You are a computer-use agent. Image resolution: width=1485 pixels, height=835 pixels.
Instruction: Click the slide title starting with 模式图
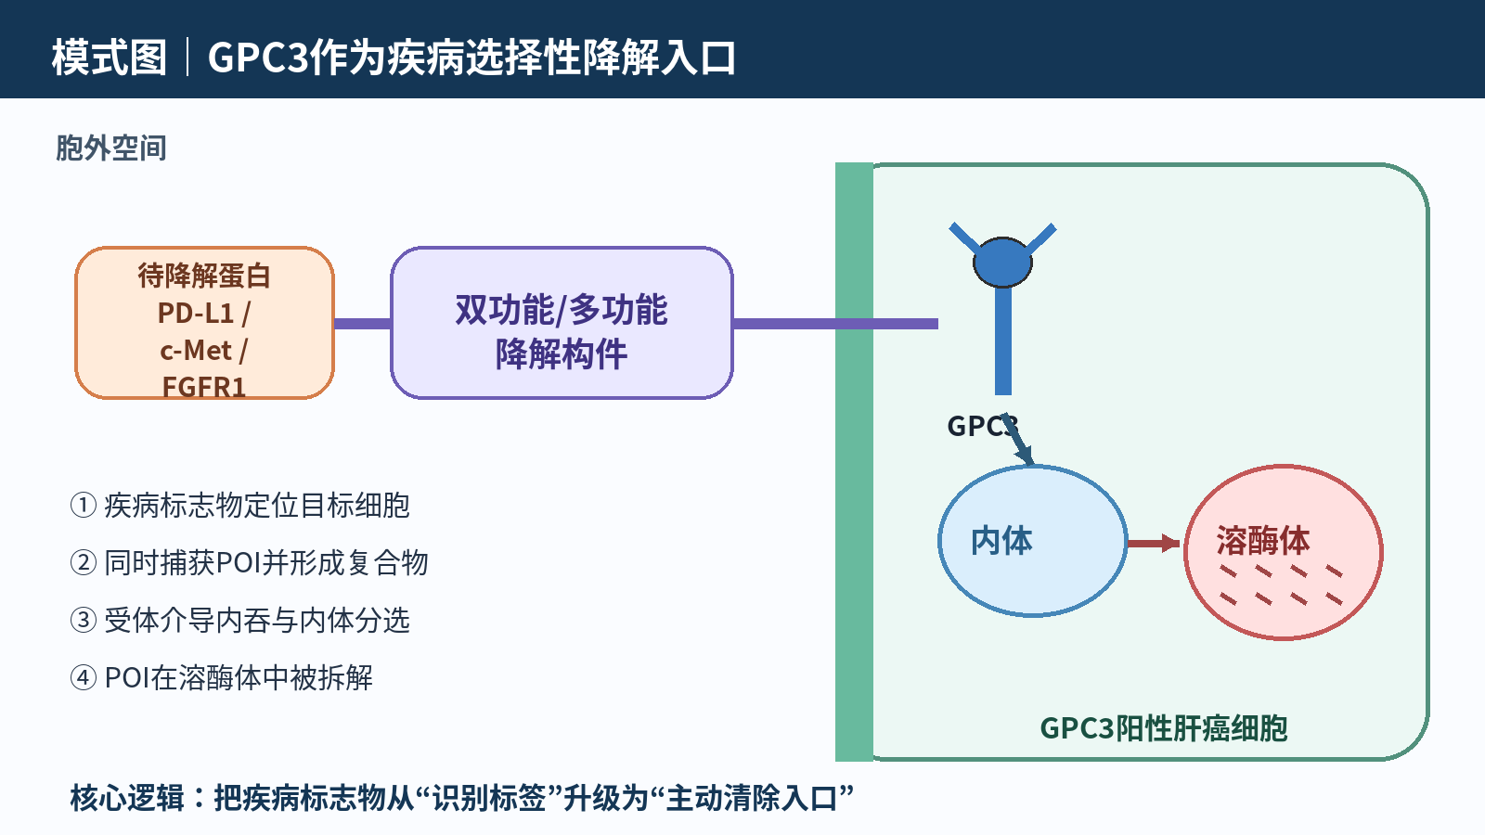point(394,57)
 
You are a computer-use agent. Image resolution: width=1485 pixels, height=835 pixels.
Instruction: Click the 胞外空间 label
point(110,148)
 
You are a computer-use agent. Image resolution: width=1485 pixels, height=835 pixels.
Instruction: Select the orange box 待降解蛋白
point(204,323)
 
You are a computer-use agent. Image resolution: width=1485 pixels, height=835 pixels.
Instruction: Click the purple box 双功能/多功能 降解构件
point(562,323)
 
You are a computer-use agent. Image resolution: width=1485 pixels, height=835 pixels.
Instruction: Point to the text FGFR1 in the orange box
point(204,386)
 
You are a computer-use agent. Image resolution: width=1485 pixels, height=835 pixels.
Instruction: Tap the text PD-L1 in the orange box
point(196,313)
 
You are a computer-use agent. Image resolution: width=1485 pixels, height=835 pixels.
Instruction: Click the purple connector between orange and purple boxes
point(363,324)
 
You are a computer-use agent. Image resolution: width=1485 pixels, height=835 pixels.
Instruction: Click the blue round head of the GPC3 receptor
point(1002,263)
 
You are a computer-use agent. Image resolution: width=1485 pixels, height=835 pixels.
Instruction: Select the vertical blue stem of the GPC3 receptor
point(1003,340)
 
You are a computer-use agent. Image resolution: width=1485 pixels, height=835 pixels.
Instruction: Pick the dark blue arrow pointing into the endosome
point(1017,440)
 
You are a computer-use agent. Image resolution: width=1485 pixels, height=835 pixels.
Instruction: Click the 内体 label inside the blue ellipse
point(1001,541)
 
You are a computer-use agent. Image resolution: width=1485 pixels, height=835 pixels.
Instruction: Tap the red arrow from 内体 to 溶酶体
point(1154,544)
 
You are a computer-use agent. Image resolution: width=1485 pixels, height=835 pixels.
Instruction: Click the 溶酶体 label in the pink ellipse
point(1263,541)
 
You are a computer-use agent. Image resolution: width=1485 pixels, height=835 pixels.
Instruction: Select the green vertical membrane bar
point(855,462)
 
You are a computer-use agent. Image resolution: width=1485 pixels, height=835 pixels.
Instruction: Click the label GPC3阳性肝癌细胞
point(1164,728)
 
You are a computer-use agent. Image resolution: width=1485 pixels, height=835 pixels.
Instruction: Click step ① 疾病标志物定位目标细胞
point(240,505)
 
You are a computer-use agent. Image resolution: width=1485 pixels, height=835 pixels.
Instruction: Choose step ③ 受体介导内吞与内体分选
point(240,621)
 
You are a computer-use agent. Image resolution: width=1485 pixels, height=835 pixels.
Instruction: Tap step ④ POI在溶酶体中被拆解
point(222,677)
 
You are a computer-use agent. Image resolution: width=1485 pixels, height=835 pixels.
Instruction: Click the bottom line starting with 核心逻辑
point(461,798)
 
